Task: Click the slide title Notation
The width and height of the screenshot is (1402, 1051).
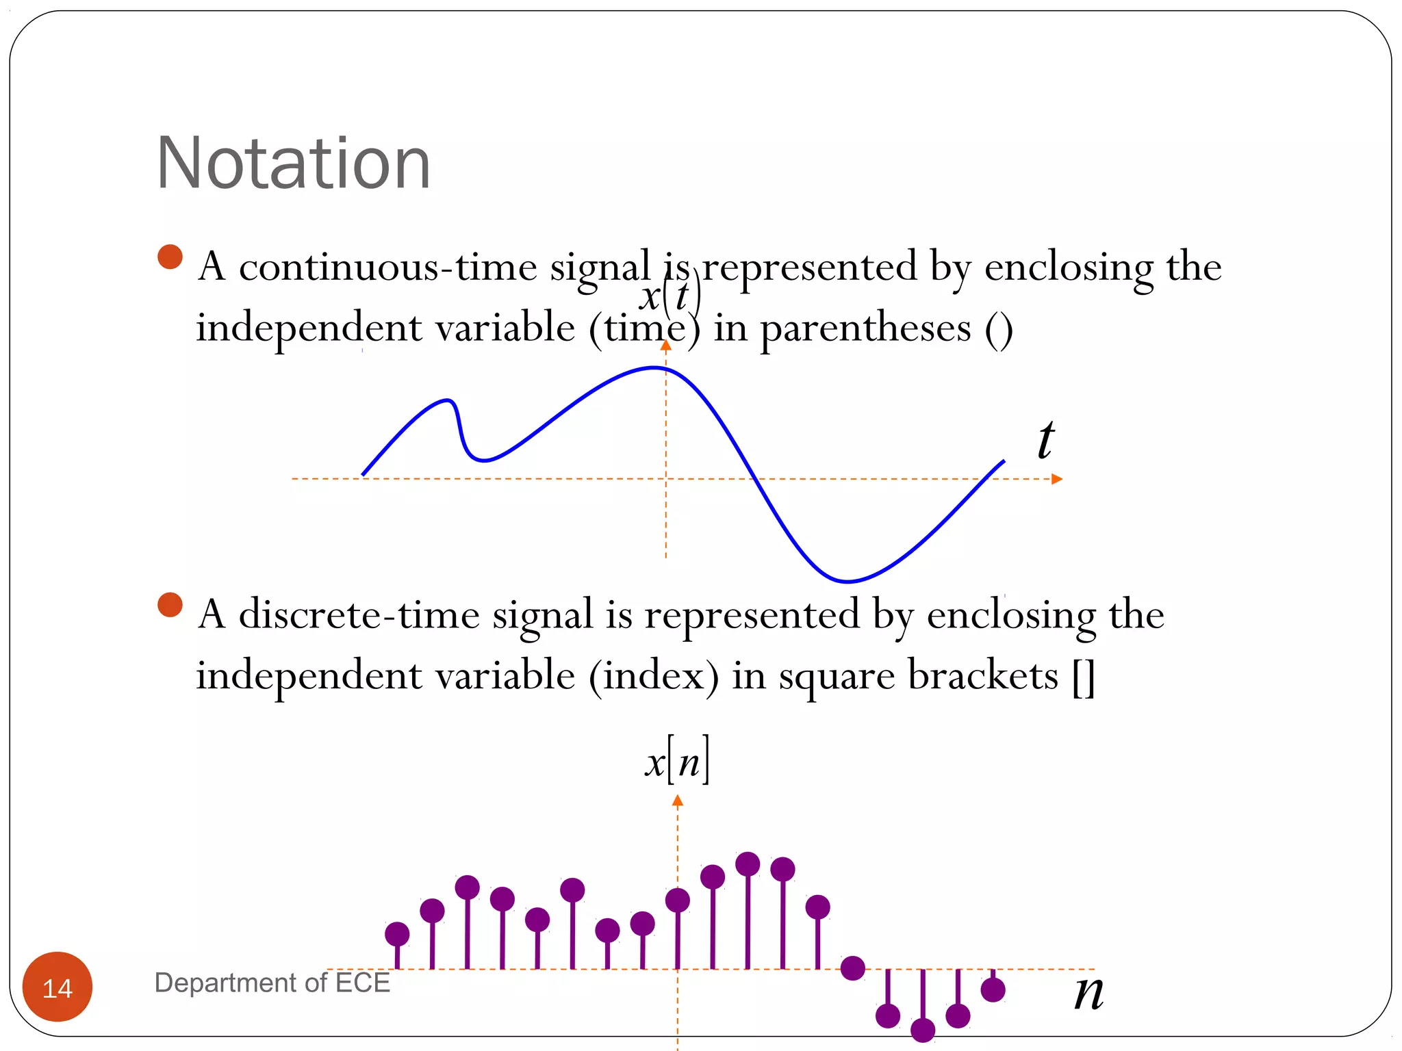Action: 293,164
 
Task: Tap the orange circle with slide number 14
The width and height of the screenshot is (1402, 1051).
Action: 58,987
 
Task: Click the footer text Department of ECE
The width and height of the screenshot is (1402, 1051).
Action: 272,983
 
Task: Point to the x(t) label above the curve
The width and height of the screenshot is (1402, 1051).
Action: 670,296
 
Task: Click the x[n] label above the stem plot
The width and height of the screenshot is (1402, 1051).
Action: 677,761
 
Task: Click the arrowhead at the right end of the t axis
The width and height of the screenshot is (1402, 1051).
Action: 1058,479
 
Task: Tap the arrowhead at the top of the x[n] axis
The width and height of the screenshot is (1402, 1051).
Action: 678,801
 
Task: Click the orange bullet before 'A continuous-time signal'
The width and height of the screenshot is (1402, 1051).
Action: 170,257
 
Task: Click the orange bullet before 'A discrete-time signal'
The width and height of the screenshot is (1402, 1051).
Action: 170,605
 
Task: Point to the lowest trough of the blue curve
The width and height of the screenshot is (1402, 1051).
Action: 847,582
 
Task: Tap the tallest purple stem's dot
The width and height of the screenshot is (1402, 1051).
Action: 748,864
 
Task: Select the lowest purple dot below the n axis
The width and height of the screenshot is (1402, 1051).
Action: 923,1030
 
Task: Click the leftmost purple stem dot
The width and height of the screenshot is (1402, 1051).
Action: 397,934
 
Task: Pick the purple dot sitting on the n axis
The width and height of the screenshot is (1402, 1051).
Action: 853,968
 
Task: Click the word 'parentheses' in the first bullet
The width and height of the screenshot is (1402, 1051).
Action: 865,328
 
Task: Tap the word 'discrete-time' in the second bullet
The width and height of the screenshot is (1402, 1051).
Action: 359,614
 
